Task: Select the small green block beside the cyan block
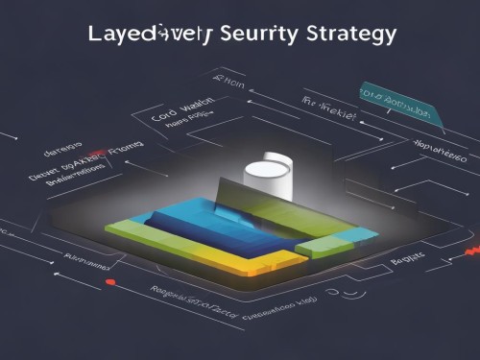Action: pyautogui.click(x=312, y=248)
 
